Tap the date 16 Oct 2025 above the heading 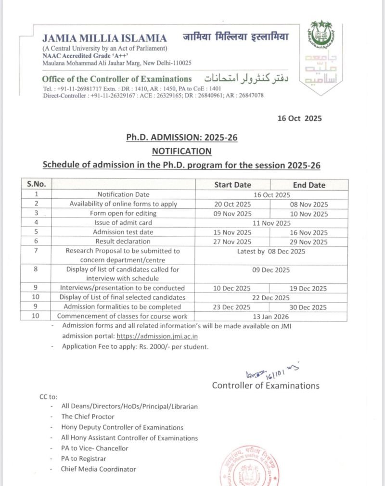299,118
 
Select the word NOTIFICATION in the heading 181,151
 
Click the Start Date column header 232,185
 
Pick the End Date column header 309,185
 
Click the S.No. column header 36,184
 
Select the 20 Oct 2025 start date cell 232,204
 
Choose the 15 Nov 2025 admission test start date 232,232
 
